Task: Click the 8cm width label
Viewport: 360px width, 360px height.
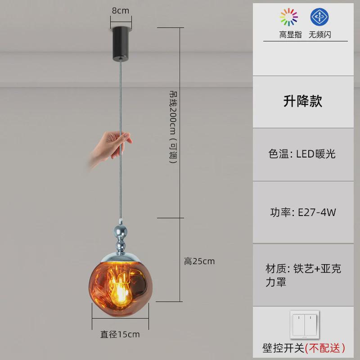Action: [121, 10]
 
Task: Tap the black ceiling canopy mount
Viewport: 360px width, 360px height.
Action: [121, 43]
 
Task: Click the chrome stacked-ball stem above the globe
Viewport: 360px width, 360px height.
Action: [121, 238]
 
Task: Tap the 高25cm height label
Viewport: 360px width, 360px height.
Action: [199, 261]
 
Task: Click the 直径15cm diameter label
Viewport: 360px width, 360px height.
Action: [120, 334]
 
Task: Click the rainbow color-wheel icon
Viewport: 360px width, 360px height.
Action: [289, 17]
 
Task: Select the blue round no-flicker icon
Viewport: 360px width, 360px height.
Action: [319, 17]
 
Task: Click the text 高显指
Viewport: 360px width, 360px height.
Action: [290, 35]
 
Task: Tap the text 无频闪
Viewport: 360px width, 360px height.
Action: [319, 35]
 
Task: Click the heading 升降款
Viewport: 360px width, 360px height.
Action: [302, 101]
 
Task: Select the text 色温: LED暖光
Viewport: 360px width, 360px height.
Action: [302, 154]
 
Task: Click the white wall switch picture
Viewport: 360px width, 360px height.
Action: [304, 325]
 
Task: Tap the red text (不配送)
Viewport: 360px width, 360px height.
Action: [325, 347]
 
